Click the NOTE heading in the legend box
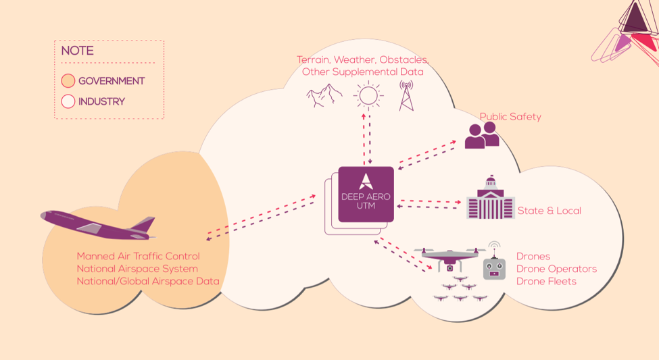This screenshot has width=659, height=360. point(77,51)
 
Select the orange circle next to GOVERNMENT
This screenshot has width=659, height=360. point(68,80)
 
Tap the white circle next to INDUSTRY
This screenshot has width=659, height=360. point(68,101)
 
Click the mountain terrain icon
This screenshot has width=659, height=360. point(324,95)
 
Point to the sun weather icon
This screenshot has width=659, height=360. point(368,95)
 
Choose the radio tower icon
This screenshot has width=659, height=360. point(406,96)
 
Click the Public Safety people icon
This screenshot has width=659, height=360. point(482,135)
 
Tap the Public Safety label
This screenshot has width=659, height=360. point(510,117)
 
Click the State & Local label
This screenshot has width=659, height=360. point(550,211)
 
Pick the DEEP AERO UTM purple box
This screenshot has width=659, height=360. point(366,194)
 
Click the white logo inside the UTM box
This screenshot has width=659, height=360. point(366,182)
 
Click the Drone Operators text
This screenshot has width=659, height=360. point(556,269)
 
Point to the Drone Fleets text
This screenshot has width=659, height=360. point(546,282)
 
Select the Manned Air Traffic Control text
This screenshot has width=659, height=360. point(139,256)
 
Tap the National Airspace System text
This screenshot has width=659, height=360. point(137,269)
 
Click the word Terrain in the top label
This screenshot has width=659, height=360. point(313,59)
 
